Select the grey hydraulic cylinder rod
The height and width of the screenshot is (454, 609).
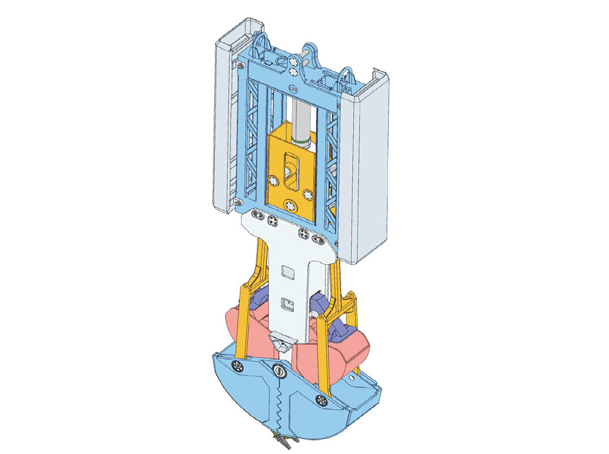tap(301, 115)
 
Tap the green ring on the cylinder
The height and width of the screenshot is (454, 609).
tap(301, 141)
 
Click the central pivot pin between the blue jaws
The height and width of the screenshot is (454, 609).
tap(279, 370)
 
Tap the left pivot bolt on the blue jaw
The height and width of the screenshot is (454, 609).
tap(238, 366)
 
